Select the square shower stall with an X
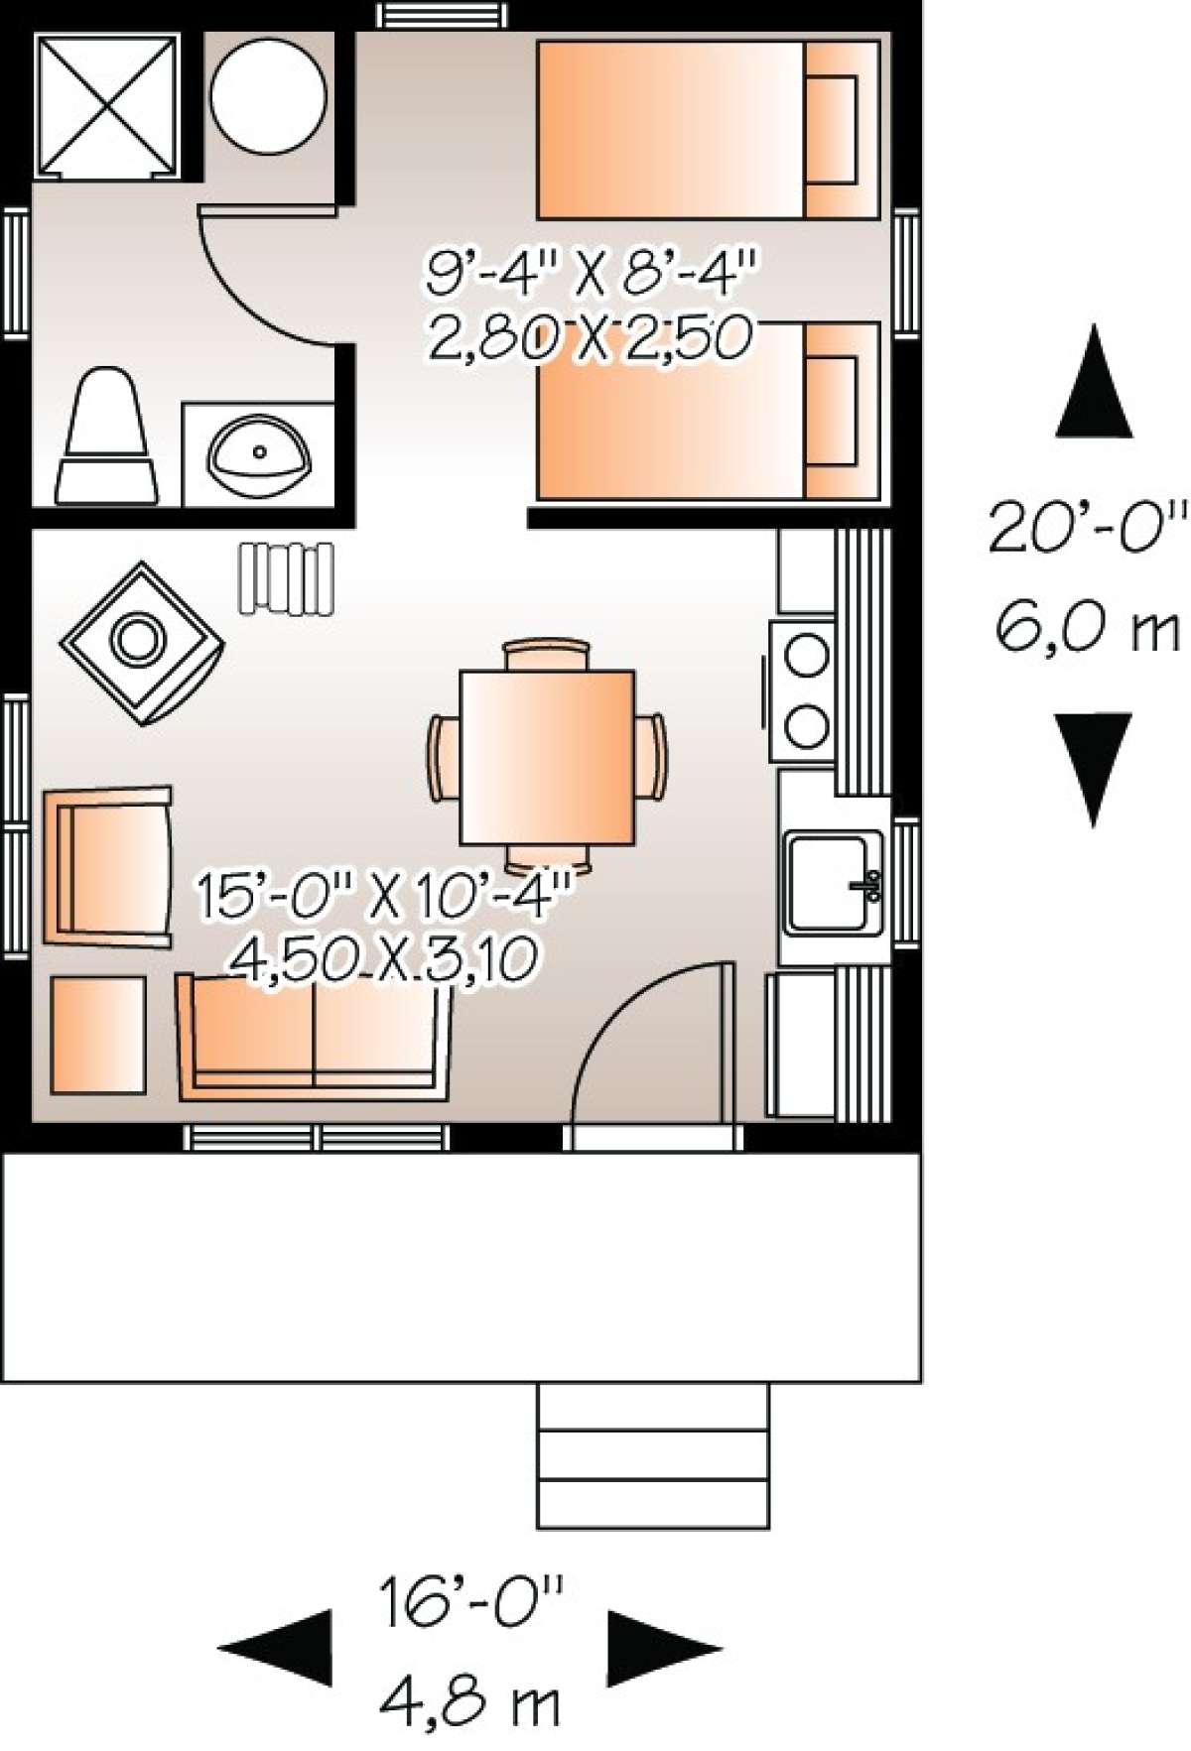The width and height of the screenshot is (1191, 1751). (106, 106)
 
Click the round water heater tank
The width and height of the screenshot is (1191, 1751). (268, 96)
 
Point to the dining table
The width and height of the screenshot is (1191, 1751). (546, 758)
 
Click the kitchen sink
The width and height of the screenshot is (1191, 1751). (832, 881)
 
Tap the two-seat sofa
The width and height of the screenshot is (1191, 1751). (314, 1037)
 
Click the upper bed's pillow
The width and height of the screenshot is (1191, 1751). (831, 129)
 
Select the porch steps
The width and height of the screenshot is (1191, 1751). (653, 1454)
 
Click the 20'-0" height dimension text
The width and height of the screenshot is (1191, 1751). (1088, 528)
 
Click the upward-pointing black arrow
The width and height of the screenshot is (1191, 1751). (1093, 383)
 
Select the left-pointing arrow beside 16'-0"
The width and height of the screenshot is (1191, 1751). (278, 1647)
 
